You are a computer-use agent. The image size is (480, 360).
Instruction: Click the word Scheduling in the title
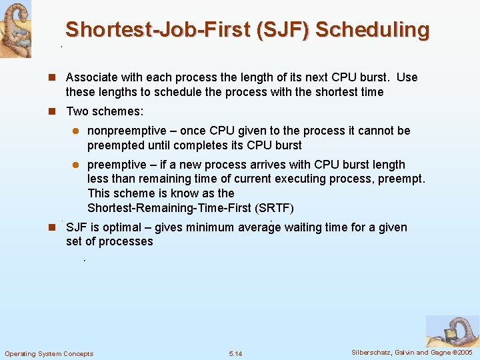(373, 30)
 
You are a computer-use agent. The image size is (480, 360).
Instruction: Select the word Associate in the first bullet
(92, 77)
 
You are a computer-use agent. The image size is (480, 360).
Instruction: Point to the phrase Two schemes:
(105, 111)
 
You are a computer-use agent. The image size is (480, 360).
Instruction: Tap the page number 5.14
(235, 353)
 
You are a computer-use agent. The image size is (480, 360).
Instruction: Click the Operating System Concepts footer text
(49, 353)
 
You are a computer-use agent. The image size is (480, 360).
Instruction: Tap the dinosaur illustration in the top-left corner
(15, 29)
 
